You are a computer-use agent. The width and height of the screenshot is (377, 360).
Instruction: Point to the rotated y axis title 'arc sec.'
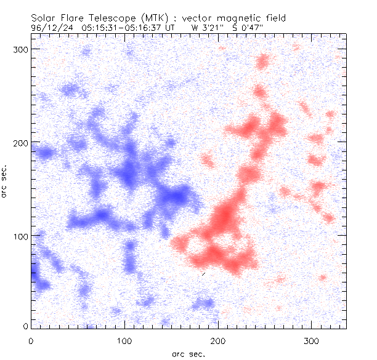[5, 181]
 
